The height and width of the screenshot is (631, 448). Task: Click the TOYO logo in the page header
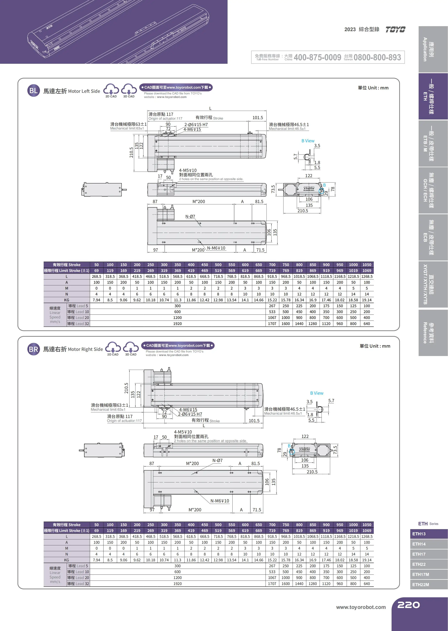tap(395, 30)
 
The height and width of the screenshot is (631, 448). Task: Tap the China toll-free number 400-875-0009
tap(317, 57)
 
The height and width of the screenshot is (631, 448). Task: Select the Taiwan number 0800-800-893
tap(377, 57)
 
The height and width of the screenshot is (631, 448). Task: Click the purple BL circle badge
tap(33, 90)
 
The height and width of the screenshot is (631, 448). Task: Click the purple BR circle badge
tap(33, 349)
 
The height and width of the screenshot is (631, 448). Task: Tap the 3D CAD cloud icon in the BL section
tap(129, 90)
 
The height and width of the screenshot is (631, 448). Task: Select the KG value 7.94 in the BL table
tap(97, 300)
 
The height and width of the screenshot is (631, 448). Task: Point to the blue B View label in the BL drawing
tap(308, 141)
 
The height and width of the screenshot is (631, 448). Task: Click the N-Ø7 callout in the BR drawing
tap(217, 461)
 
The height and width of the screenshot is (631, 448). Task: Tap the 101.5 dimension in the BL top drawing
tap(258, 118)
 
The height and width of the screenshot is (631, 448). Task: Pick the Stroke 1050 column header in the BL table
tap(367, 265)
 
